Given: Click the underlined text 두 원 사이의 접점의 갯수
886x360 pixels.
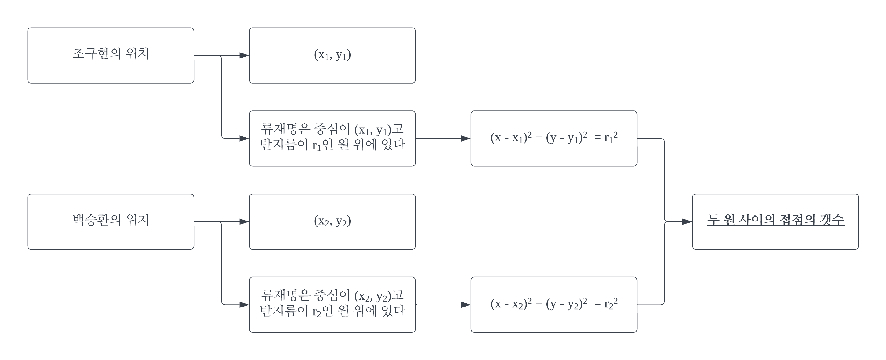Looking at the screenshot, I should point(775,220).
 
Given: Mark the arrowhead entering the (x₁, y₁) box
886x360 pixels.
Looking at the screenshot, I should point(244,55).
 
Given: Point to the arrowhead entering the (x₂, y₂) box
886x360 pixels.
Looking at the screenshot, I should point(244,222).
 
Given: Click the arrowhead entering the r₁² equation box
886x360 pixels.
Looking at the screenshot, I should point(466,139).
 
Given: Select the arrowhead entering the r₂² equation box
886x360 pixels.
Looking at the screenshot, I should point(466,305).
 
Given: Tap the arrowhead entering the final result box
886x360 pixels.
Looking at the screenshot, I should point(687,222).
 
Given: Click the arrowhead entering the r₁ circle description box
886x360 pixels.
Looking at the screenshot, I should point(244,139).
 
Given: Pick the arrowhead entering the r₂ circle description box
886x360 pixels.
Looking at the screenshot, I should point(244,305).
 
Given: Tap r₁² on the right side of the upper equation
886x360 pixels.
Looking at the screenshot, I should point(611,138).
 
